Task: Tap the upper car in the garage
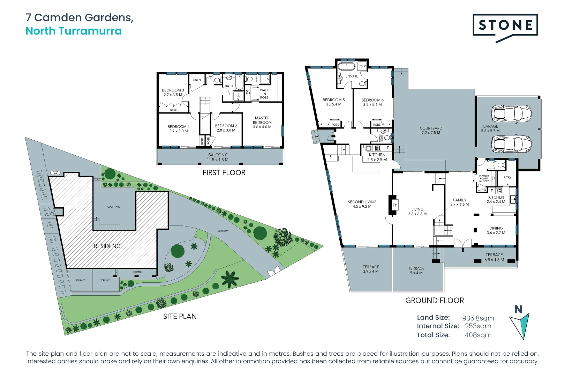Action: click(511, 113)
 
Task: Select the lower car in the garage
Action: click(511, 144)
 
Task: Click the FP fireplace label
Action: click(395, 205)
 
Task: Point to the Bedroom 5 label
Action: click(333, 102)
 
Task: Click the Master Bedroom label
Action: click(262, 122)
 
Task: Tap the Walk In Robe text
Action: click(264, 94)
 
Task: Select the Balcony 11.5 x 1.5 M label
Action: click(217, 157)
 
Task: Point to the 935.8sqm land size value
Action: click(478, 318)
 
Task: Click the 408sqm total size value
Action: click(478, 335)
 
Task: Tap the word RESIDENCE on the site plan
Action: click(108, 246)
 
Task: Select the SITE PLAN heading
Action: click(180, 316)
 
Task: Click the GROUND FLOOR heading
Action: click(434, 301)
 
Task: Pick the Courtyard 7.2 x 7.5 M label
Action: click(431, 130)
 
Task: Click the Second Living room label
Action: click(362, 204)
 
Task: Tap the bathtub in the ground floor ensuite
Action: click(346, 66)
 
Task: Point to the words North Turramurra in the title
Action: click(74, 31)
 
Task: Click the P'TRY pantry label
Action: click(507, 178)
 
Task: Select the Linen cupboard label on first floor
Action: click(197, 80)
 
